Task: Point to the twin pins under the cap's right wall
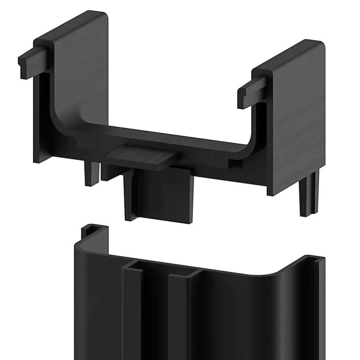pos(310,196)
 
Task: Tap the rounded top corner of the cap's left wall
pos(104,17)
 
